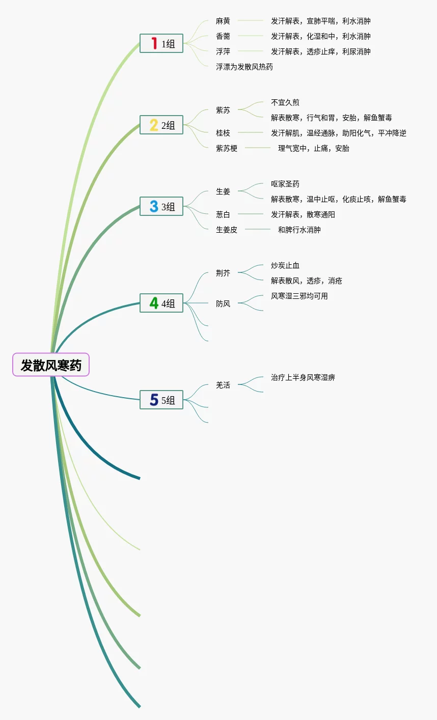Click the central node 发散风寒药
pyautogui.click(x=51, y=365)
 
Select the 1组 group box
pyautogui.click(x=161, y=44)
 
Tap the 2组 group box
pyautogui.click(x=161, y=125)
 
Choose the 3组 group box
pyautogui.click(x=161, y=207)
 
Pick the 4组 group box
pyautogui.click(x=161, y=303)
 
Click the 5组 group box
pyautogui.click(x=161, y=400)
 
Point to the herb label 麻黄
pyautogui.click(x=223, y=21)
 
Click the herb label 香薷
pyautogui.click(x=223, y=36)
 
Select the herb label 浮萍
pyautogui.click(x=223, y=51)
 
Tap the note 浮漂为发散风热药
pyautogui.click(x=244, y=67)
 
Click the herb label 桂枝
pyautogui.click(x=223, y=133)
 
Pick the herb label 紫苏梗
pyautogui.click(x=227, y=148)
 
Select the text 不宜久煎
pyautogui.click(x=285, y=102)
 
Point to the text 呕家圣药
pyautogui.click(x=285, y=184)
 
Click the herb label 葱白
pyautogui.click(x=223, y=214)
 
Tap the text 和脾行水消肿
pyautogui.click(x=299, y=230)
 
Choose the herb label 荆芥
pyautogui.click(x=223, y=273)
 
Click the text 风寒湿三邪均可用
pyautogui.click(x=299, y=296)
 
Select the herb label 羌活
pyautogui.click(x=223, y=385)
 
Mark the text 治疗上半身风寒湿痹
pyautogui.click(x=303, y=377)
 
